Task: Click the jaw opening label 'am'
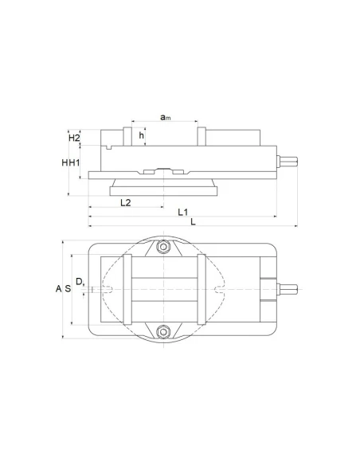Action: coord(164,118)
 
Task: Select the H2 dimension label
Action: coord(74,139)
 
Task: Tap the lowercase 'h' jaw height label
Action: coord(142,136)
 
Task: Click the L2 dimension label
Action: coord(125,204)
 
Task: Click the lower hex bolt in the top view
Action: coord(163,330)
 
